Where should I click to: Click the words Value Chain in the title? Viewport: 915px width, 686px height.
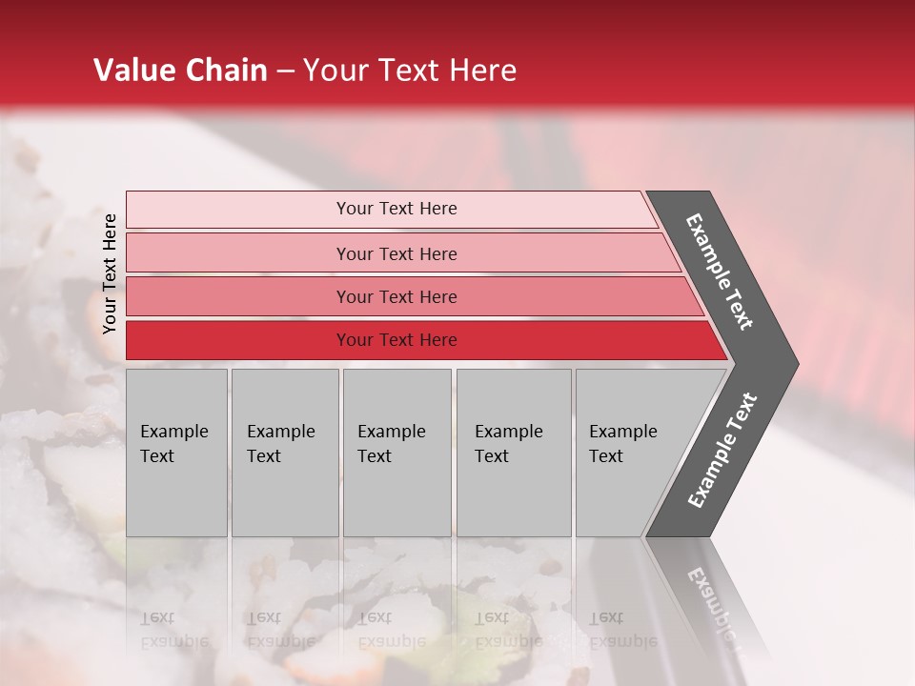click(180, 71)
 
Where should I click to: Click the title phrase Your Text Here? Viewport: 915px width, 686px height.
click(410, 71)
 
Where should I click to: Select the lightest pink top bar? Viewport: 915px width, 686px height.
click(238, 210)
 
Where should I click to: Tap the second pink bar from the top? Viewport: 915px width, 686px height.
click(238, 253)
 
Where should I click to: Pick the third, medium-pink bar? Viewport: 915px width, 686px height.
click(238, 296)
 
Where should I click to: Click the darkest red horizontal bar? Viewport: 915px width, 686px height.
click(238, 340)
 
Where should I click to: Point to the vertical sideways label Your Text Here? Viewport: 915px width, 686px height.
click(110, 273)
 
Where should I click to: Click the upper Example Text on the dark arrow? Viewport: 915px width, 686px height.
click(720, 272)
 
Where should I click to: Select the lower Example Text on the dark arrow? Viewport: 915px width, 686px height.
click(722, 450)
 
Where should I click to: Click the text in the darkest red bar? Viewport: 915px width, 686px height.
click(396, 340)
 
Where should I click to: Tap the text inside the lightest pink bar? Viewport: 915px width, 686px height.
click(396, 209)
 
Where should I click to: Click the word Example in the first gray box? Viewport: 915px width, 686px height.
click(173, 432)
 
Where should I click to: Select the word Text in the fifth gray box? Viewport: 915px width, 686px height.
click(606, 456)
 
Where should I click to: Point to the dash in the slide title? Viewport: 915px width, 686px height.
click(285, 71)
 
